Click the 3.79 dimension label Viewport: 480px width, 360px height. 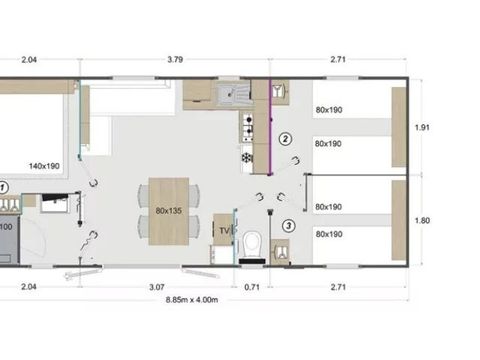(x=175, y=60)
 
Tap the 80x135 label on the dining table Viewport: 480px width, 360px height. (x=169, y=211)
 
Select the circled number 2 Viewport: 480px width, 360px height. (x=285, y=139)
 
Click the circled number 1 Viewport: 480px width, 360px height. (x=3, y=187)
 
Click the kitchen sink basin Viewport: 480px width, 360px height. (x=236, y=96)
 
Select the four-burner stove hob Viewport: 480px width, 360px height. (x=247, y=127)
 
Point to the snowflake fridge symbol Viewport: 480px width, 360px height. (x=246, y=156)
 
